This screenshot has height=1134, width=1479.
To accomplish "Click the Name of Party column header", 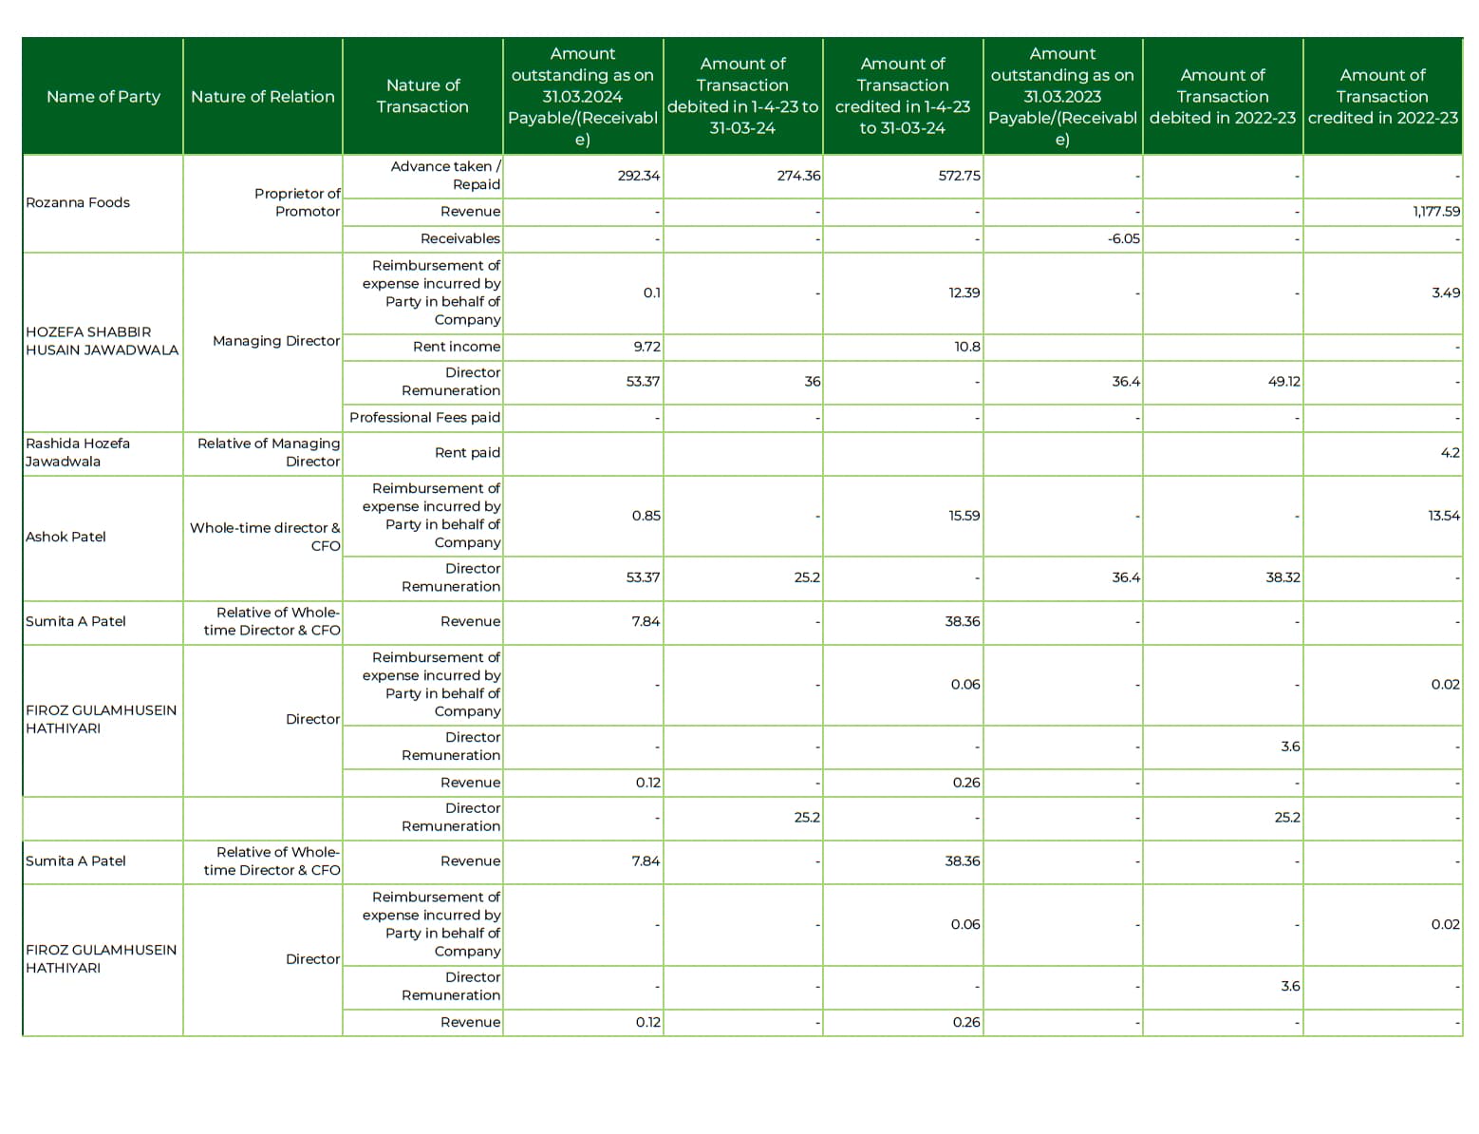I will [x=103, y=96].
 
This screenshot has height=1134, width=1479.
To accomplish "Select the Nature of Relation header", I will [x=262, y=96].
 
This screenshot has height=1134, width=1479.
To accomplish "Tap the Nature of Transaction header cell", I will [x=422, y=96].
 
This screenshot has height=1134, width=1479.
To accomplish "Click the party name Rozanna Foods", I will [x=78, y=202].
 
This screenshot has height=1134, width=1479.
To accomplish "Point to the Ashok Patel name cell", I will [x=66, y=537].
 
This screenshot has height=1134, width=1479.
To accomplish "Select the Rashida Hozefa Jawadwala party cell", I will [x=78, y=452].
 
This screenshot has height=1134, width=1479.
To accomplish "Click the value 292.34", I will [x=638, y=176].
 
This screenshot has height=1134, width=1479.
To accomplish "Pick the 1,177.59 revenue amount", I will [x=1435, y=212].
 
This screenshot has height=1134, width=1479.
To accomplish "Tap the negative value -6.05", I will [x=1123, y=238].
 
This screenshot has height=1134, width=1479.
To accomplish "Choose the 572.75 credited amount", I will [x=959, y=176].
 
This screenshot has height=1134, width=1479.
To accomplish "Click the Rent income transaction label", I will [x=456, y=347].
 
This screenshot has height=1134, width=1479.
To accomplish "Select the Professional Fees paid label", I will [x=424, y=417].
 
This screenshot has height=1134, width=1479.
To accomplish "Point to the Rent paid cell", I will [x=467, y=453].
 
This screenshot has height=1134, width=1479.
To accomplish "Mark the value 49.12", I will [x=1282, y=382].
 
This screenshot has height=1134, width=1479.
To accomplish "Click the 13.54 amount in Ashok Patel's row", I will [x=1443, y=516].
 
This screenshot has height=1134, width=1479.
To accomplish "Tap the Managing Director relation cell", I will [x=275, y=341].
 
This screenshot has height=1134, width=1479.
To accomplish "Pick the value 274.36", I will [x=797, y=176].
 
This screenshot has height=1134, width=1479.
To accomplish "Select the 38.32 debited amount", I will [x=1282, y=577].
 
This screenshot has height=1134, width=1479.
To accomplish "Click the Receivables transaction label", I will [x=459, y=238].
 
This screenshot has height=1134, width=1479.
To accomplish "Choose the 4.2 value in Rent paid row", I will [x=1450, y=453].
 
